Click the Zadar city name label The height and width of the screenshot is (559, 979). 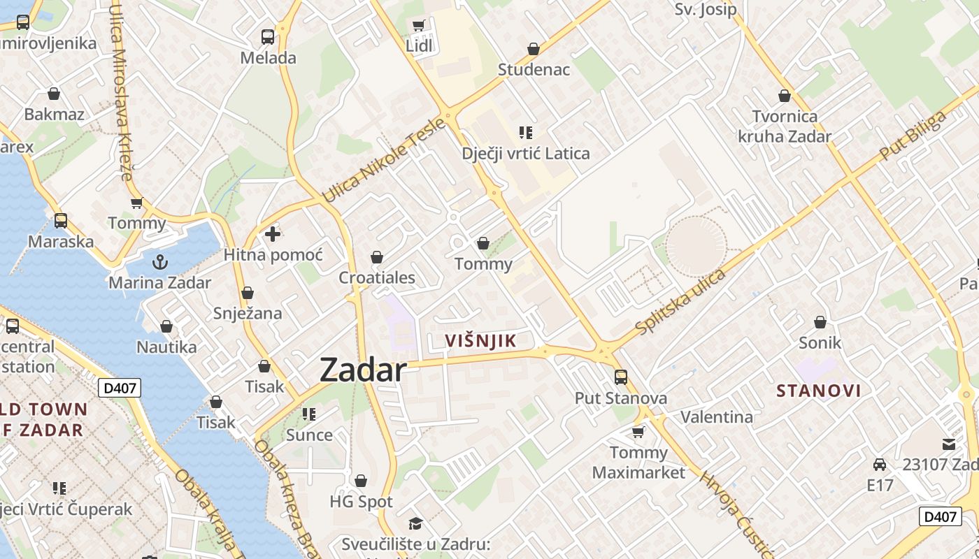[x=363, y=370]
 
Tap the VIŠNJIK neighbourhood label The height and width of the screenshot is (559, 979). [x=480, y=341]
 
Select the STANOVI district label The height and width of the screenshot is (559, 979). [x=819, y=391]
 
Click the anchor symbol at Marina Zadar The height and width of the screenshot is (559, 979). [x=160, y=262]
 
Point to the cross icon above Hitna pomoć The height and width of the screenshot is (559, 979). [x=273, y=234]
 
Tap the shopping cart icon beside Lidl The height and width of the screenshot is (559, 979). [x=418, y=26]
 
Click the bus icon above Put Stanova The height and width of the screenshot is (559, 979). [x=620, y=377]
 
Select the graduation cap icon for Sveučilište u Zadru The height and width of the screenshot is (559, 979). [x=416, y=523]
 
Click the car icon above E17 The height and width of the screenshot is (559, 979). [x=880, y=465]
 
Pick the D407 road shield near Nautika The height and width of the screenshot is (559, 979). [x=120, y=389]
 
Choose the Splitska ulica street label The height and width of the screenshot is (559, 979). [x=680, y=300]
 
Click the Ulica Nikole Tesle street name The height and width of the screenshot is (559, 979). [x=383, y=161]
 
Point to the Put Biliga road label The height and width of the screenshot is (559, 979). [x=913, y=135]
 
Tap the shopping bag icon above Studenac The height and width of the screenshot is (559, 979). [x=534, y=49]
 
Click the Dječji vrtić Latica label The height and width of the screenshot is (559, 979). [x=526, y=154]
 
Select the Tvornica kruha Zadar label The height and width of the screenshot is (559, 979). [x=785, y=126]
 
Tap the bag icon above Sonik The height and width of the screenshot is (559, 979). [x=820, y=322]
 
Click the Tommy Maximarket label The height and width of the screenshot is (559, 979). [x=638, y=463]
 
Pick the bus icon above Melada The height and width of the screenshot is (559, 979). [x=268, y=36]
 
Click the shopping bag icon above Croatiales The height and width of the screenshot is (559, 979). [x=377, y=257]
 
